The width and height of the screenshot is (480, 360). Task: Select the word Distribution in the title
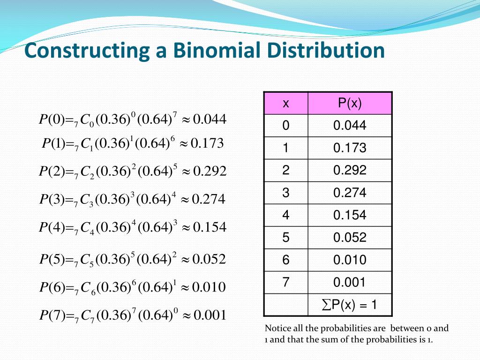(326, 50)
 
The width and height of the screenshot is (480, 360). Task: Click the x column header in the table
(286, 104)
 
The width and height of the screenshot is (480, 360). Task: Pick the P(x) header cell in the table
(350, 104)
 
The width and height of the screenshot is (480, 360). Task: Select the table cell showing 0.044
(350, 126)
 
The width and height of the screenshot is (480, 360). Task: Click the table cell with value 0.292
(350, 170)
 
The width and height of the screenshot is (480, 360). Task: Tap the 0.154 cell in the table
(350, 215)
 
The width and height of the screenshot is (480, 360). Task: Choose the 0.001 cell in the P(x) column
(350, 282)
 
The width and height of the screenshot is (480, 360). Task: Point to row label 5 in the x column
(286, 238)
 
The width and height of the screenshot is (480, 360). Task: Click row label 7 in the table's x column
(286, 282)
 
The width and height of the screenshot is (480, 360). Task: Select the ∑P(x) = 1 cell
(350, 305)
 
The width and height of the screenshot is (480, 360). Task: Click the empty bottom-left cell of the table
(286, 305)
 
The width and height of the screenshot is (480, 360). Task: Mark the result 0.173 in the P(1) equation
(207, 143)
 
